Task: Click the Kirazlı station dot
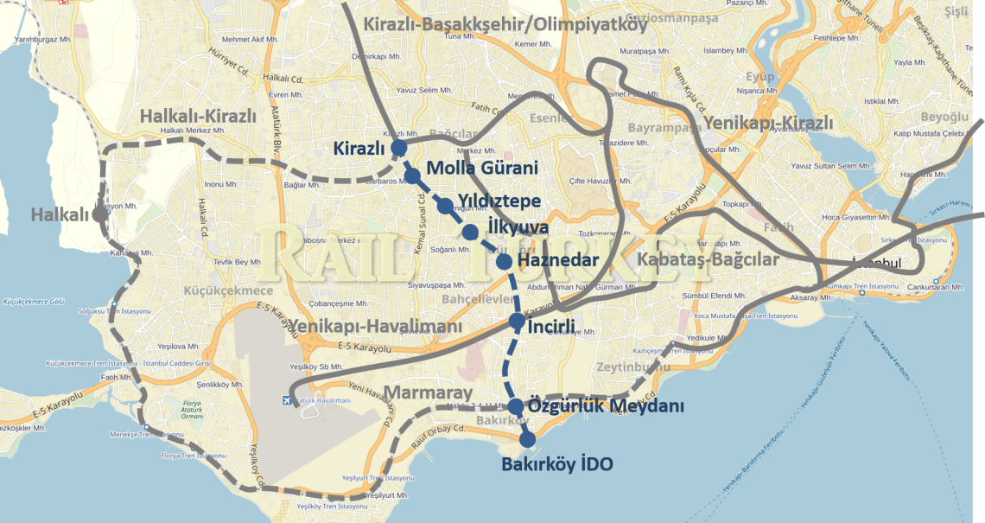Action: (x=398, y=149)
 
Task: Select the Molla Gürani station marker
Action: (x=412, y=176)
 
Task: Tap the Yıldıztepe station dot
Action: (x=445, y=206)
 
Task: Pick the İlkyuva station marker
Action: (x=470, y=232)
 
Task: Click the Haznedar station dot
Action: (x=504, y=259)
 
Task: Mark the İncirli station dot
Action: (x=517, y=322)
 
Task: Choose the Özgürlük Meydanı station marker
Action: (x=515, y=406)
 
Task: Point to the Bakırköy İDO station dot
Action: (x=527, y=439)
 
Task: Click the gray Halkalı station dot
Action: (x=99, y=214)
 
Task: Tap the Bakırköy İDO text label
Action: (x=557, y=465)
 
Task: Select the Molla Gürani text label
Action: (x=482, y=169)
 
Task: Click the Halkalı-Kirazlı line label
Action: (x=198, y=117)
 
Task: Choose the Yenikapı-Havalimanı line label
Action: (x=377, y=326)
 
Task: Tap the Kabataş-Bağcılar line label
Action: (x=708, y=259)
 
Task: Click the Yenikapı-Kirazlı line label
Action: (x=768, y=124)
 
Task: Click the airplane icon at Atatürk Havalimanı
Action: (x=287, y=400)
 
